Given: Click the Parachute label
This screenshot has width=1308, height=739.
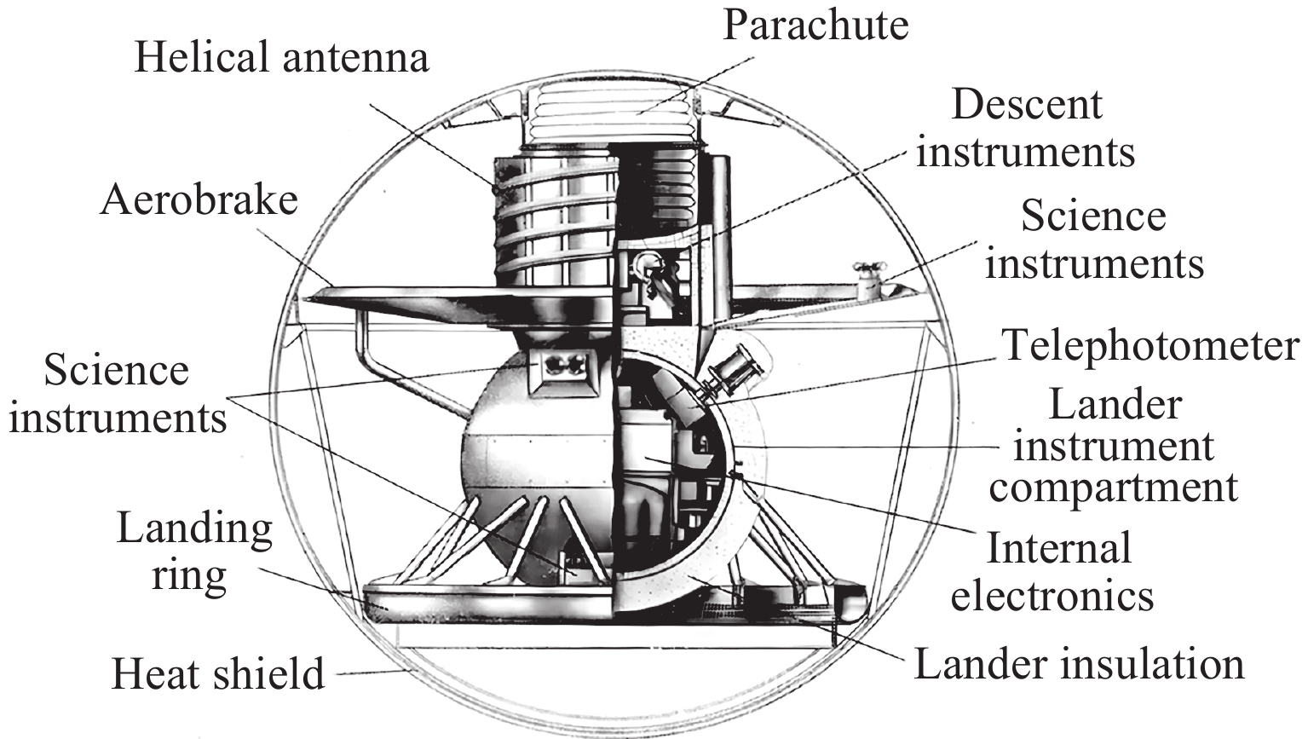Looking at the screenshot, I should [x=815, y=25].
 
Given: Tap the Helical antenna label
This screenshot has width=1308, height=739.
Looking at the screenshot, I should [x=282, y=58].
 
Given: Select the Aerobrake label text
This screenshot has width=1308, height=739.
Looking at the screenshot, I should [x=199, y=200].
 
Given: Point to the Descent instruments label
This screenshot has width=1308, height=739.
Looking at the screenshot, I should [x=1026, y=129].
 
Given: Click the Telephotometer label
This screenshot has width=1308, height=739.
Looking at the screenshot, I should [x=1150, y=345].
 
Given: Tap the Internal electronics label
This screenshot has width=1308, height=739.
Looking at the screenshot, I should [x=1052, y=572].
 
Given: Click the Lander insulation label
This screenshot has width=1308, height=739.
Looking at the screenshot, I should [x=1079, y=663].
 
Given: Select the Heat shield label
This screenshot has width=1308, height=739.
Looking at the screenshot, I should [x=218, y=673].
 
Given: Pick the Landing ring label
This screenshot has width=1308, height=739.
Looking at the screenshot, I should [x=194, y=551].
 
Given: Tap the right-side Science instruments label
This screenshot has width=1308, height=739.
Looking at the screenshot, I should [x=1095, y=240].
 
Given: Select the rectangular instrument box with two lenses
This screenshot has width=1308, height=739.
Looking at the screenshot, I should [x=559, y=371].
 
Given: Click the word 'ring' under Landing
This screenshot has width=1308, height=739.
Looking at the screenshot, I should [x=189, y=574].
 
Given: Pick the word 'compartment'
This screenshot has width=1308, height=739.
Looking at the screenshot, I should [x=1113, y=488].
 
